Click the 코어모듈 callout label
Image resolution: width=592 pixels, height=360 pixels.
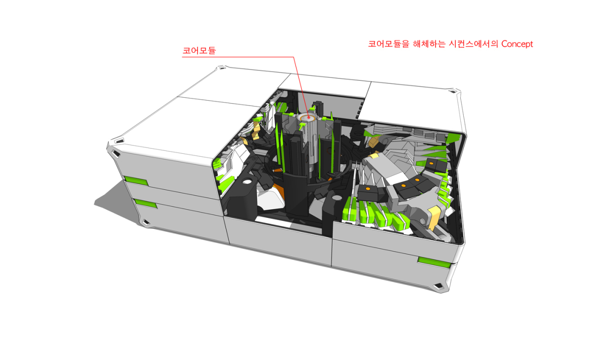point(199,50)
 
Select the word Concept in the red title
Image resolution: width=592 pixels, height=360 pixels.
point(517,44)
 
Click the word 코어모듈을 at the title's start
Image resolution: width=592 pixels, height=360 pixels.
point(389,43)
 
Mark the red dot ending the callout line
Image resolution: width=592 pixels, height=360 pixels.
point(308,118)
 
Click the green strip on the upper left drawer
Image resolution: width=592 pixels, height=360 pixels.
point(136,181)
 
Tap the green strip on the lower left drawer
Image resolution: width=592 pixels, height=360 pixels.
point(146,204)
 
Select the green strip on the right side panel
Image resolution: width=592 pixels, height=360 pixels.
point(434,262)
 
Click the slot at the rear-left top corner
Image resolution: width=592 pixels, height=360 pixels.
point(222,68)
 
